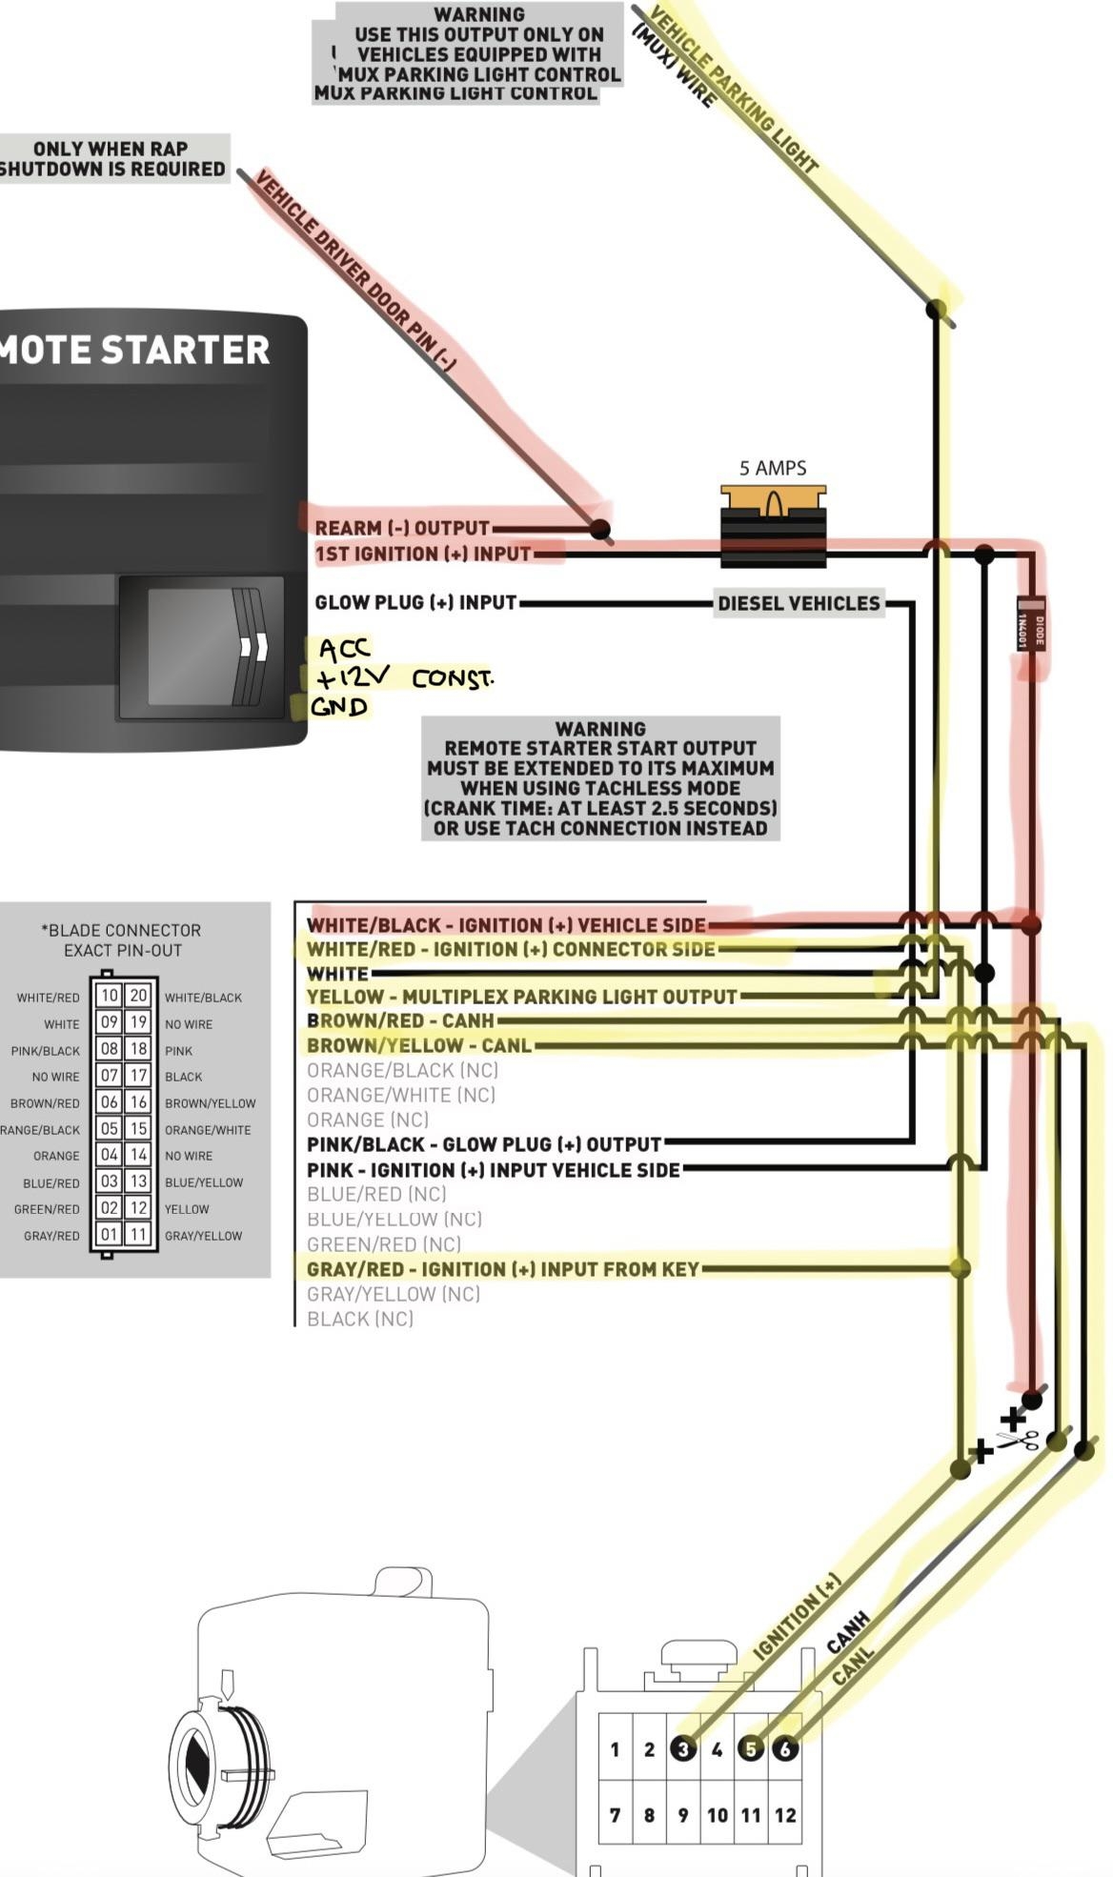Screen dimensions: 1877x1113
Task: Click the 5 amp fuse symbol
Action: (x=773, y=528)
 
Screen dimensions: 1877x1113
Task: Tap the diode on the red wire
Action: (x=1030, y=623)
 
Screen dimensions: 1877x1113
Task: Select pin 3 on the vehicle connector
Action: (x=682, y=1748)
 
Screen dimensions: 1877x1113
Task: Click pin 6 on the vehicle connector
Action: (x=785, y=1748)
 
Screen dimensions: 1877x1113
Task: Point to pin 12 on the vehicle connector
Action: (x=785, y=1815)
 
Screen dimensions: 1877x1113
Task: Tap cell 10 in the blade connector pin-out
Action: (x=110, y=996)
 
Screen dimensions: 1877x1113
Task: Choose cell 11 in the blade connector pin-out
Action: (x=138, y=1235)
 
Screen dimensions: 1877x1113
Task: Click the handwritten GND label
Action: (x=339, y=707)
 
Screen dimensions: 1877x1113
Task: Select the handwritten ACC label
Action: (x=344, y=650)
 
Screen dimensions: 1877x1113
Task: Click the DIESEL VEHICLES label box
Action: (x=799, y=603)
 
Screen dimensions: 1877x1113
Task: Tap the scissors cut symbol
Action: (x=1019, y=1440)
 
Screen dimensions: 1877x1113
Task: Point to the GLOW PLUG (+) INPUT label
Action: (x=415, y=603)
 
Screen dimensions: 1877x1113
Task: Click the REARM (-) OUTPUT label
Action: (x=402, y=528)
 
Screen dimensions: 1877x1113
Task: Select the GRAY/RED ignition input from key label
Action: (x=503, y=1269)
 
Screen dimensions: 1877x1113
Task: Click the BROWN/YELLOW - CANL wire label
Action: (x=419, y=1045)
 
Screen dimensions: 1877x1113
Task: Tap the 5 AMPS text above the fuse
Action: (x=773, y=468)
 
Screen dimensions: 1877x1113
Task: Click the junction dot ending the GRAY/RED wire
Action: (x=961, y=1268)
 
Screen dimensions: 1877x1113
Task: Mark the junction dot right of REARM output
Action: (x=599, y=529)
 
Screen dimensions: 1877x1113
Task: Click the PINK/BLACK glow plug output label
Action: (x=484, y=1144)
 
